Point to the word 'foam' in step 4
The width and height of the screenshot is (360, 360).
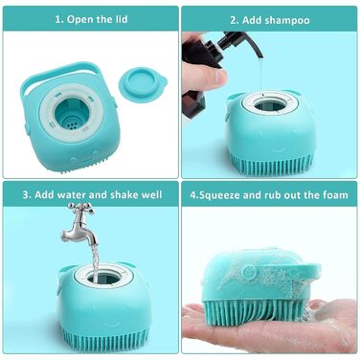tap(335, 194)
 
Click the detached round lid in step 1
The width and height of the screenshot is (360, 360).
tap(143, 83)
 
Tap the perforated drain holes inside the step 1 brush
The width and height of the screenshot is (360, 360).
tap(72, 124)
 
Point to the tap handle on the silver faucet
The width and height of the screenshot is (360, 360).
tap(80, 208)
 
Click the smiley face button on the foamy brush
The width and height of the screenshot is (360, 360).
tap(248, 272)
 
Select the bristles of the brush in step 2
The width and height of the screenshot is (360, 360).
tap(271, 163)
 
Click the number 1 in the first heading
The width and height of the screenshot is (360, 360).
tap(57, 19)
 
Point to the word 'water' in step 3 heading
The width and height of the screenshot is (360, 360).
tap(72, 194)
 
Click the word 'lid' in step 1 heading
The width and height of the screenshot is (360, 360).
tap(121, 19)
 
